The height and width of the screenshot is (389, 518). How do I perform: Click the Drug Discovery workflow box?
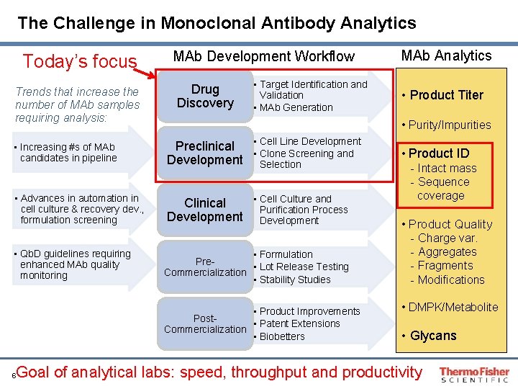pos(205,96)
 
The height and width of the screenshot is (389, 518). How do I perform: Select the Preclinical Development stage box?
pos(205,153)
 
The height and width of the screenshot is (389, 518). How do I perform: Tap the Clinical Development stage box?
pos(205,210)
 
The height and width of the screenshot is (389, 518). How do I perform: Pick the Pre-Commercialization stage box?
pos(205,267)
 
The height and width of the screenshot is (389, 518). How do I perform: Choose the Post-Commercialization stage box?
pos(205,323)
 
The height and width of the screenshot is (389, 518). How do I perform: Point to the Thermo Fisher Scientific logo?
pos(474,373)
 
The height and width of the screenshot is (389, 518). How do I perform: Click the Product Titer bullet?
pos(446,95)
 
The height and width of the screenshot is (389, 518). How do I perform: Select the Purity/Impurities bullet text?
pos(450,125)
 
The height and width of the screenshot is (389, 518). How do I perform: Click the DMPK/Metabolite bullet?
pos(453,307)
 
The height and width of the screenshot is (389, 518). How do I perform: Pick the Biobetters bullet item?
pos(282,336)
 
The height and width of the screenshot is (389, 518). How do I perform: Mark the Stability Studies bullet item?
pos(295,280)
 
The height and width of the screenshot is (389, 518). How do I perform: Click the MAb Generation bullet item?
pos(296,107)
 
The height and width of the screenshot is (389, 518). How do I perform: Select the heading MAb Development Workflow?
pos(264,55)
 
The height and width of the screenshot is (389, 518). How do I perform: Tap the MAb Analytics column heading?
pos(446,55)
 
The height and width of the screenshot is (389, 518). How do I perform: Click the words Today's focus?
pos(80,61)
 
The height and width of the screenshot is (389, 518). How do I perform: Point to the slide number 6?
pos(15,375)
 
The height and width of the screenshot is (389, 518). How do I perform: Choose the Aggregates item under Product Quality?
pos(447,252)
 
